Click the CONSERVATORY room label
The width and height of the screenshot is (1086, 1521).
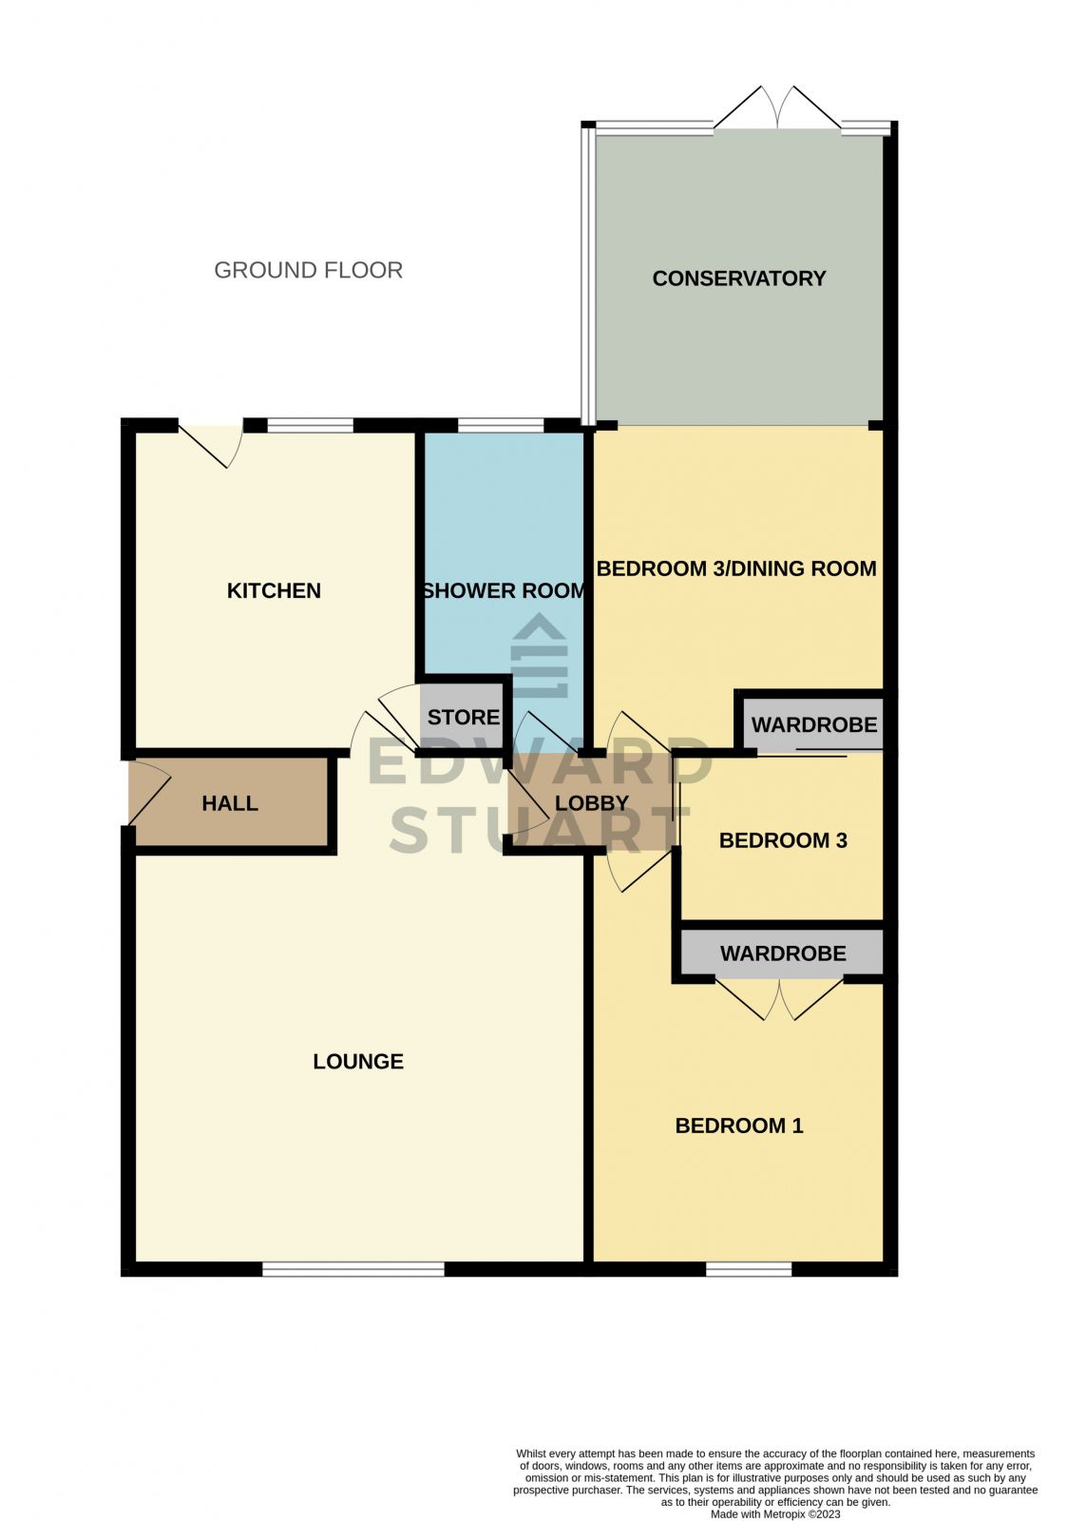coord(738,279)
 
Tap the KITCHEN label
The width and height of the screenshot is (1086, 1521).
coord(274,590)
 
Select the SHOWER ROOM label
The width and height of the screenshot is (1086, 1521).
coord(504,590)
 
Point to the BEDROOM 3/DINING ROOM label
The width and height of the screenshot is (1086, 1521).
coord(736,568)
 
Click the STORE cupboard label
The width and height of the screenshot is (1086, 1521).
coord(464,717)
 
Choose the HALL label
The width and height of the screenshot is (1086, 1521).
coord(230,803)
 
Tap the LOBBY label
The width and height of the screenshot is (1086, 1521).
coord(592,803)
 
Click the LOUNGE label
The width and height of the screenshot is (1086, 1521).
coord(358,1061)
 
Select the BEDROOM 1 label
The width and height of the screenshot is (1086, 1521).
coord(739,1126)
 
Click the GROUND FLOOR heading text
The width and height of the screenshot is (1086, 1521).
coord(308,270)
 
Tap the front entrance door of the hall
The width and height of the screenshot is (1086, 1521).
coord(147,793)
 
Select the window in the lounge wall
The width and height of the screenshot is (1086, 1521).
coord(352,1268)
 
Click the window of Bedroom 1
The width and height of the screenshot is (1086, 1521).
coord(749,1268)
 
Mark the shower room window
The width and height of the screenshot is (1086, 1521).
coord(501,425)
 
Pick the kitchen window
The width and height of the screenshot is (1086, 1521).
coord(310,425)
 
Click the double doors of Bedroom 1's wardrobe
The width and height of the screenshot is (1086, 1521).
coord(779,1000)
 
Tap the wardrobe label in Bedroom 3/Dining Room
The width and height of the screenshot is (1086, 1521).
coord(814,725)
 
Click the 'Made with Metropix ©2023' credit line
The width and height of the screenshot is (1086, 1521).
coord(775,1514)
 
